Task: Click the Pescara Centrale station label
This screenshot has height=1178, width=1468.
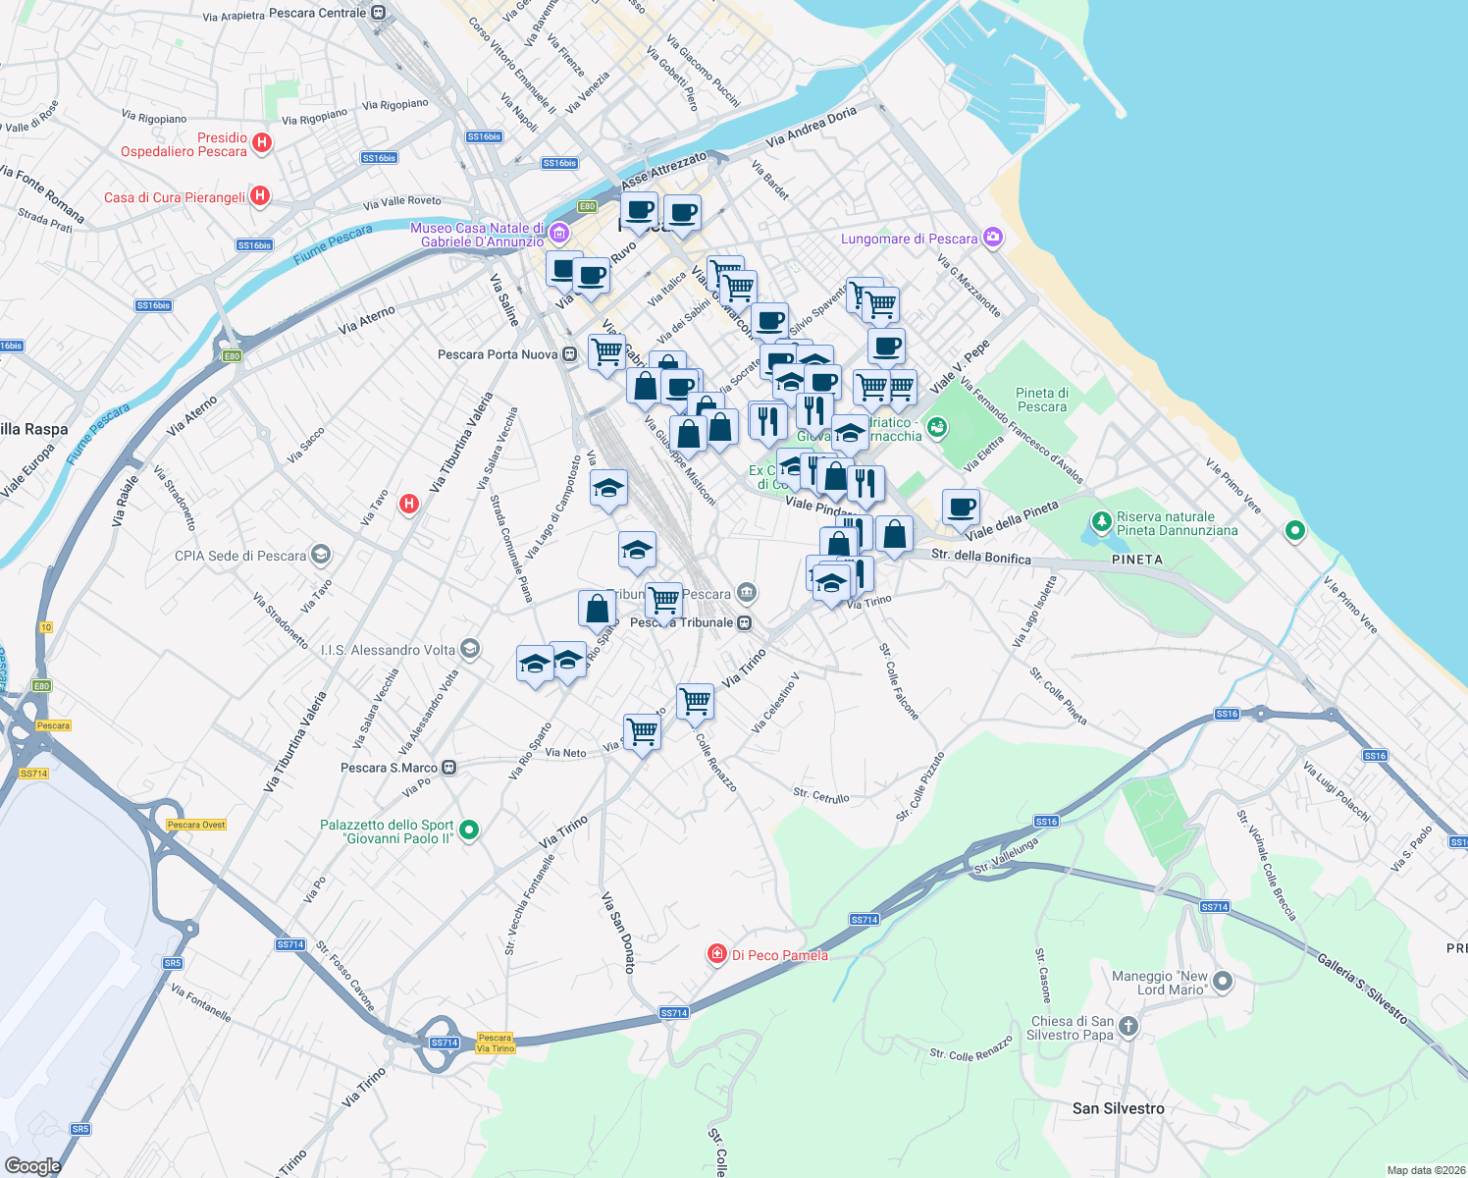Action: click(317, 13)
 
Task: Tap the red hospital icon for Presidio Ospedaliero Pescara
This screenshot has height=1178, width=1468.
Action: click(261, 143)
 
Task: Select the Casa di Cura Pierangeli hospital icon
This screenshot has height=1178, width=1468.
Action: click(259, 196)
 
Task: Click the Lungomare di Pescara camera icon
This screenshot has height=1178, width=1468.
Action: click(993, 238)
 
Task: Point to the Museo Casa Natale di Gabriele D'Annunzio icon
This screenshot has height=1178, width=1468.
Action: click(559, 234)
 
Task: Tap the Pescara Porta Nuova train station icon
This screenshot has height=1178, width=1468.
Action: click(569, 354)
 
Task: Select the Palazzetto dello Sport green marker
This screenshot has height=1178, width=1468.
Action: click(469, 830)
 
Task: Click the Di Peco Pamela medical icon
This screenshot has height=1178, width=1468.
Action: click(717, 954)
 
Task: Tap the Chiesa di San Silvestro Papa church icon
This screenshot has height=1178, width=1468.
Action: click(1128, 1027)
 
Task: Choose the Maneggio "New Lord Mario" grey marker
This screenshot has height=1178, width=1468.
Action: click(1223, 982)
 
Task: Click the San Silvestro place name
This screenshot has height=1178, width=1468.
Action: click(1118, 1108)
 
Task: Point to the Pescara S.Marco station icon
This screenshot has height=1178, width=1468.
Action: click(449, 768)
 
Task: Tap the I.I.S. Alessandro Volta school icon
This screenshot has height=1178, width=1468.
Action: click(470, 649)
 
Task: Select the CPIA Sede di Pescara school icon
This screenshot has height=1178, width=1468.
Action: click(320, 555)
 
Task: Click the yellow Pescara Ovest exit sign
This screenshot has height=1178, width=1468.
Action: click(196, 825)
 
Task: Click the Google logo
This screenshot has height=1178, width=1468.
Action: click(33, 1165)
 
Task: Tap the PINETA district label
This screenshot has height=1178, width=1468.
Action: click(1136, 560)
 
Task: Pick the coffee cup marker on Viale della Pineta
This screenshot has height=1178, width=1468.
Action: click(961, 507)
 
